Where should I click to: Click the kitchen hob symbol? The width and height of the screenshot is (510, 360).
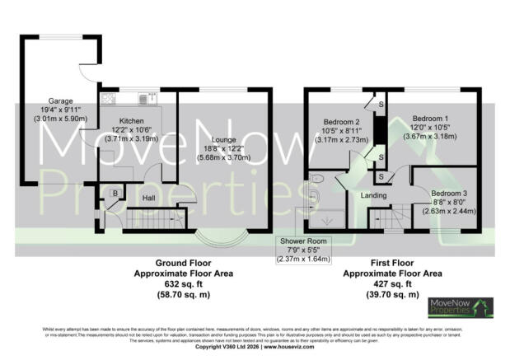(x=108, y=99)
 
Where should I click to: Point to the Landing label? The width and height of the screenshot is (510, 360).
(x=376, y=195)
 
